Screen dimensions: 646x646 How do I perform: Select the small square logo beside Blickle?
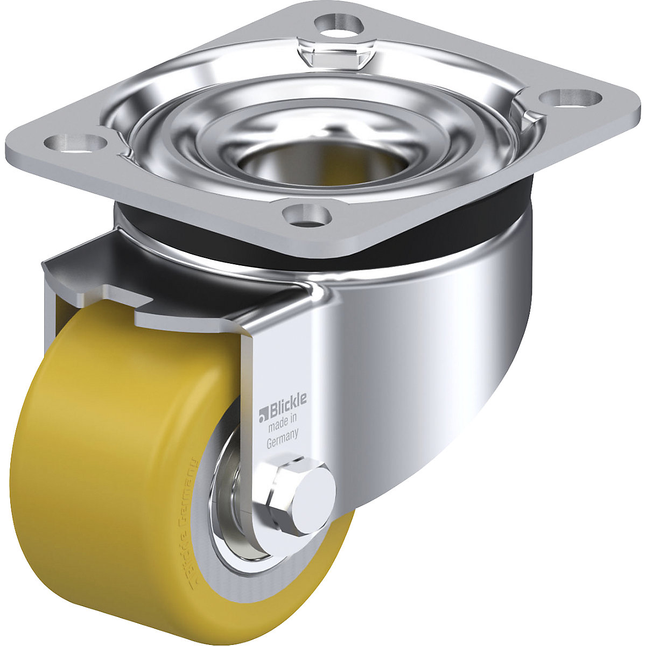tap(263, 413)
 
